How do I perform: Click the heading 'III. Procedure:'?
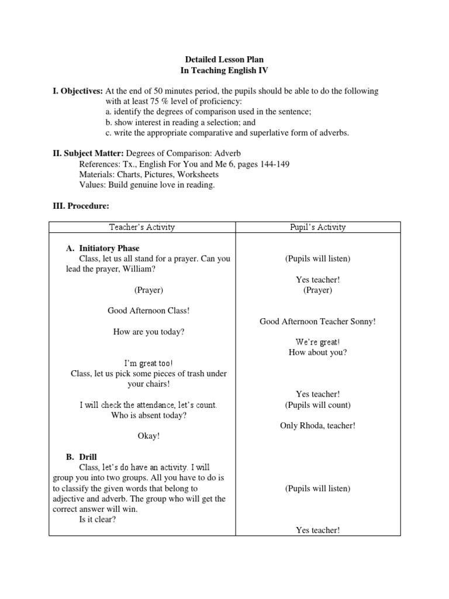(x=81, y=206)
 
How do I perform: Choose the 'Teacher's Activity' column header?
(x=141, y=227)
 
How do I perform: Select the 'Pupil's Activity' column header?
(x=317, y=227)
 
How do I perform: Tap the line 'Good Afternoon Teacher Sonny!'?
(x=317, y=321)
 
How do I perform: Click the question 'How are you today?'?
(x=148, y=332)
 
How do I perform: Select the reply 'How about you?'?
(x=317, y=352)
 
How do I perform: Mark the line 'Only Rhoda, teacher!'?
(x=317, y=425)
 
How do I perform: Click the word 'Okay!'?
(x=148, y=436)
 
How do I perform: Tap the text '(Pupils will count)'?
(x=317, y=405)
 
